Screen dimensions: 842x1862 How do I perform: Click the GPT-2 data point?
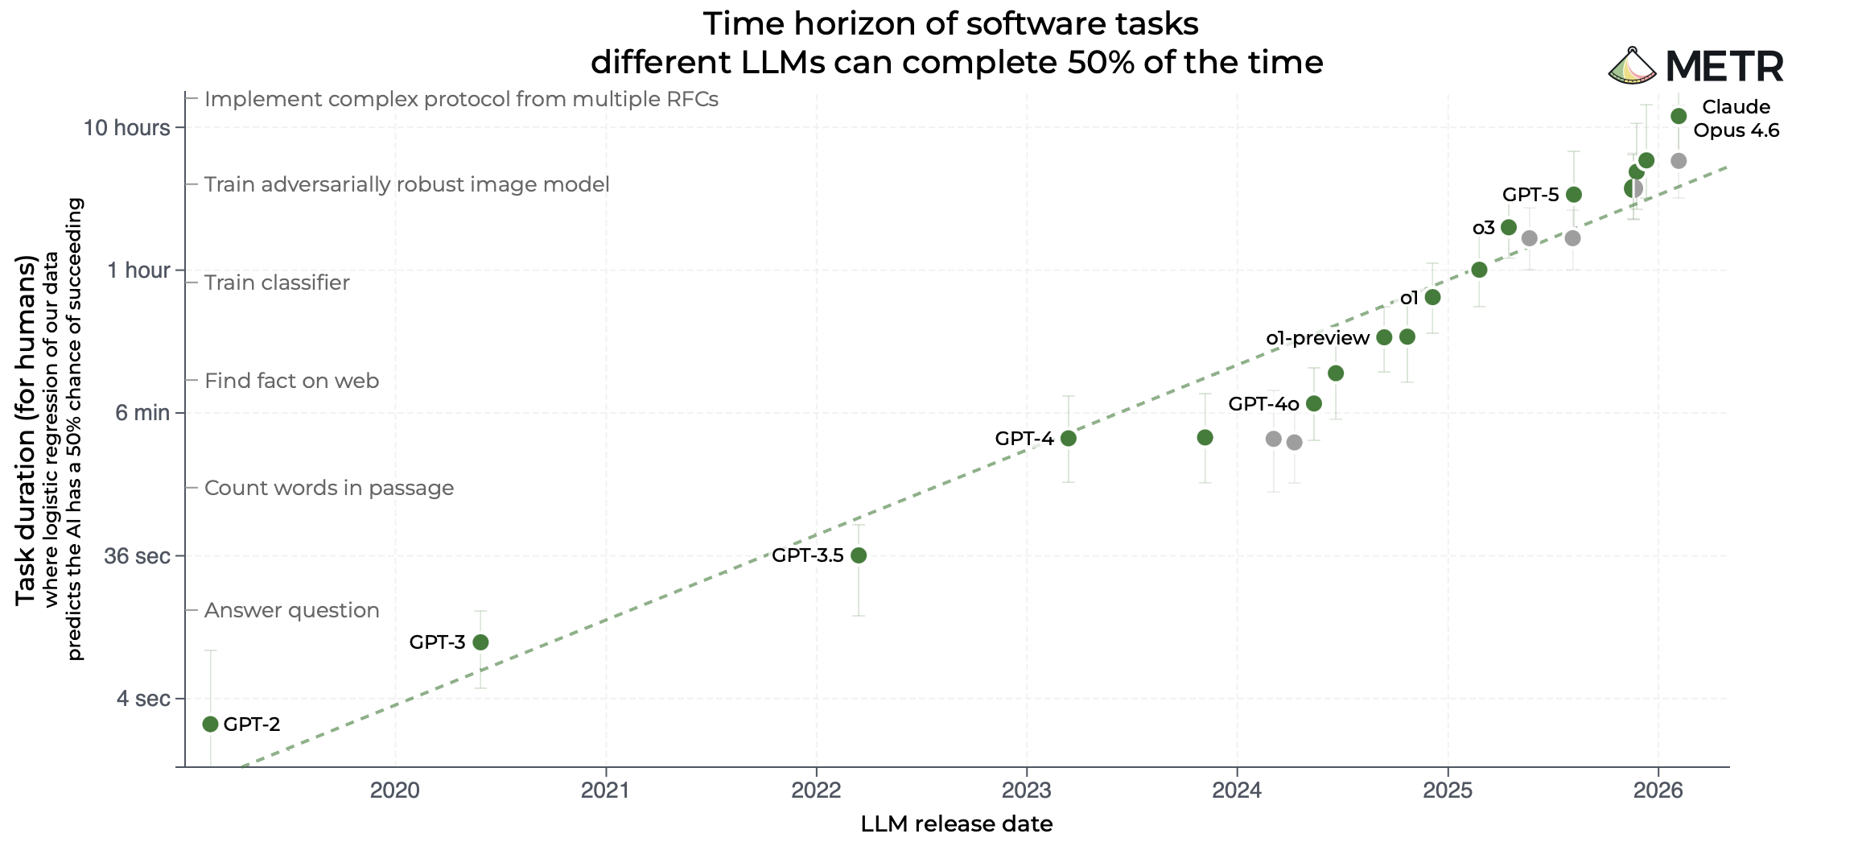coord(210,724)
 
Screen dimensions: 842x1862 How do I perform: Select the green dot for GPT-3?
coord(480,642)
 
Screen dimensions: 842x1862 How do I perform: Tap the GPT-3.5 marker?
coord(859,555)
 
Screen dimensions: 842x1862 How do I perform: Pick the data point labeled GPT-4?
coord(1069,439)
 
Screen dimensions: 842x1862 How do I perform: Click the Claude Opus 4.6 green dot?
coord(1679,117)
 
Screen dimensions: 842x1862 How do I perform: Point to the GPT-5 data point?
coord(1574,195)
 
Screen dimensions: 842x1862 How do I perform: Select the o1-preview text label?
coord(1317,338)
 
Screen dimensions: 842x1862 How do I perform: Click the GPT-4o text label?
coord(1263,404)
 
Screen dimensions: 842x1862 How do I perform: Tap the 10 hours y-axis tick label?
coord(127,128)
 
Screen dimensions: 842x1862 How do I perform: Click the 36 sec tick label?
coord(137,556)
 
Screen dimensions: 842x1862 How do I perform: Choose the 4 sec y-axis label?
coord(143,699)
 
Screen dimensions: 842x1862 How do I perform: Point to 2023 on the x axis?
coord(1027,790)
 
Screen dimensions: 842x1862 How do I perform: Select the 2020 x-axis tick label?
coord(395,790)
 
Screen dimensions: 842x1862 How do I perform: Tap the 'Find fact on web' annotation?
coord(291,381)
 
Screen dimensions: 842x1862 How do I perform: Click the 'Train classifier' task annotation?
coord(277,283)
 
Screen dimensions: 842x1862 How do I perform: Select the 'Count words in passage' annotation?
coord(329,488)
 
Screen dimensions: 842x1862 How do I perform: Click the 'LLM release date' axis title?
coord(956,824)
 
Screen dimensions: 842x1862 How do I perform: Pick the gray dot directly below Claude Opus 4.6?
coord(1679,161)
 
